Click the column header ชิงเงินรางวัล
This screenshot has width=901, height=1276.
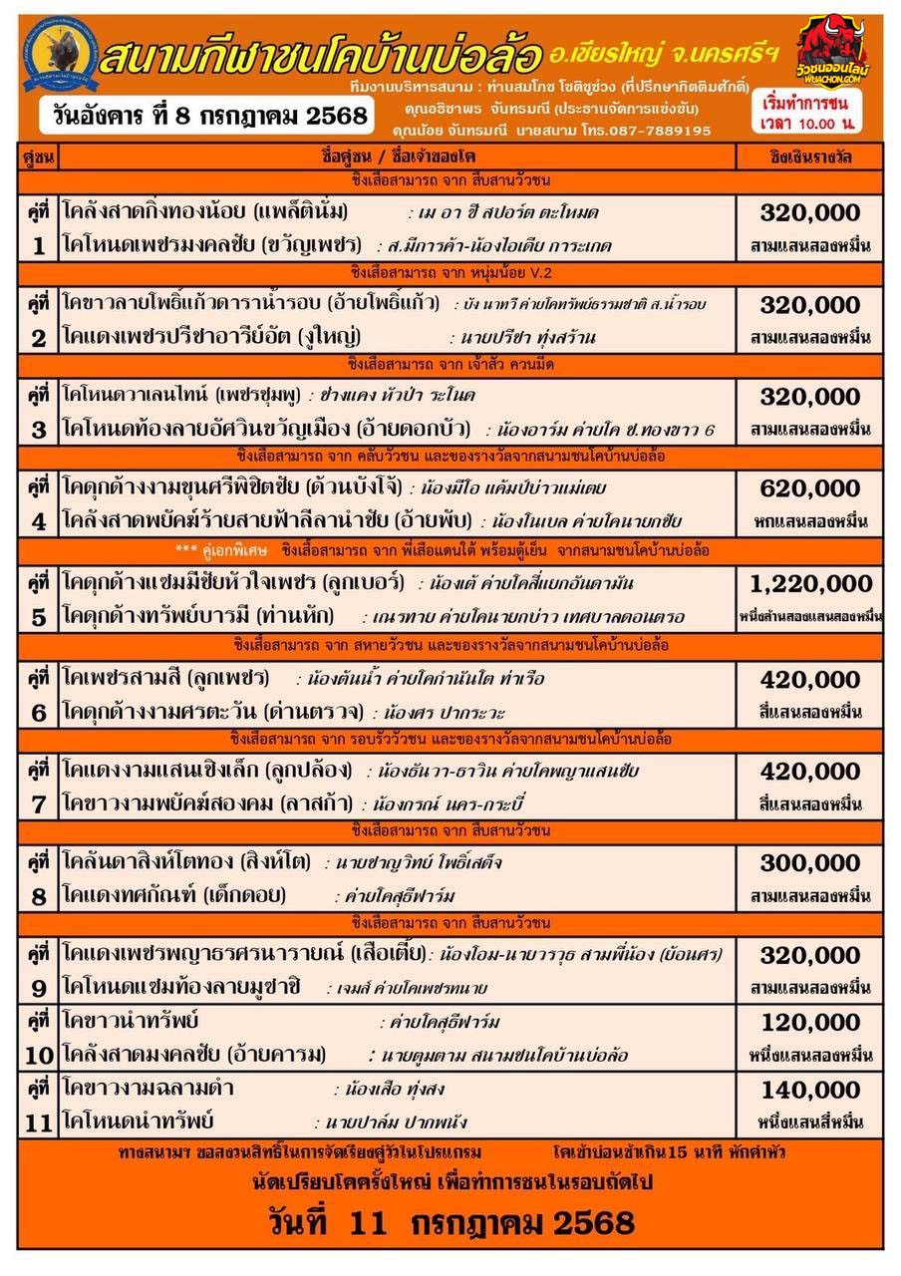[811, 158]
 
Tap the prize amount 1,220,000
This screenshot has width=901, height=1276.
[809, 584]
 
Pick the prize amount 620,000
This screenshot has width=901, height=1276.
[809, 489]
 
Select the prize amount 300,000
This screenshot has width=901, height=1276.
[809, 862]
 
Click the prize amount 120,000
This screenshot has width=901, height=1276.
[809, 1023]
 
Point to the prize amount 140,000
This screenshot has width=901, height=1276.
[809, 1090]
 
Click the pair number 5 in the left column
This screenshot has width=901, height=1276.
[38, 617]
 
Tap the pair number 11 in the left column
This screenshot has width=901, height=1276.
[38, 1122]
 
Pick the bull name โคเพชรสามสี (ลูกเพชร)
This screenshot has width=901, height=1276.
[165, 678]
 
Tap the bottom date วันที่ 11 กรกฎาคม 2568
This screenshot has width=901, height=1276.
[450, 1222]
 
